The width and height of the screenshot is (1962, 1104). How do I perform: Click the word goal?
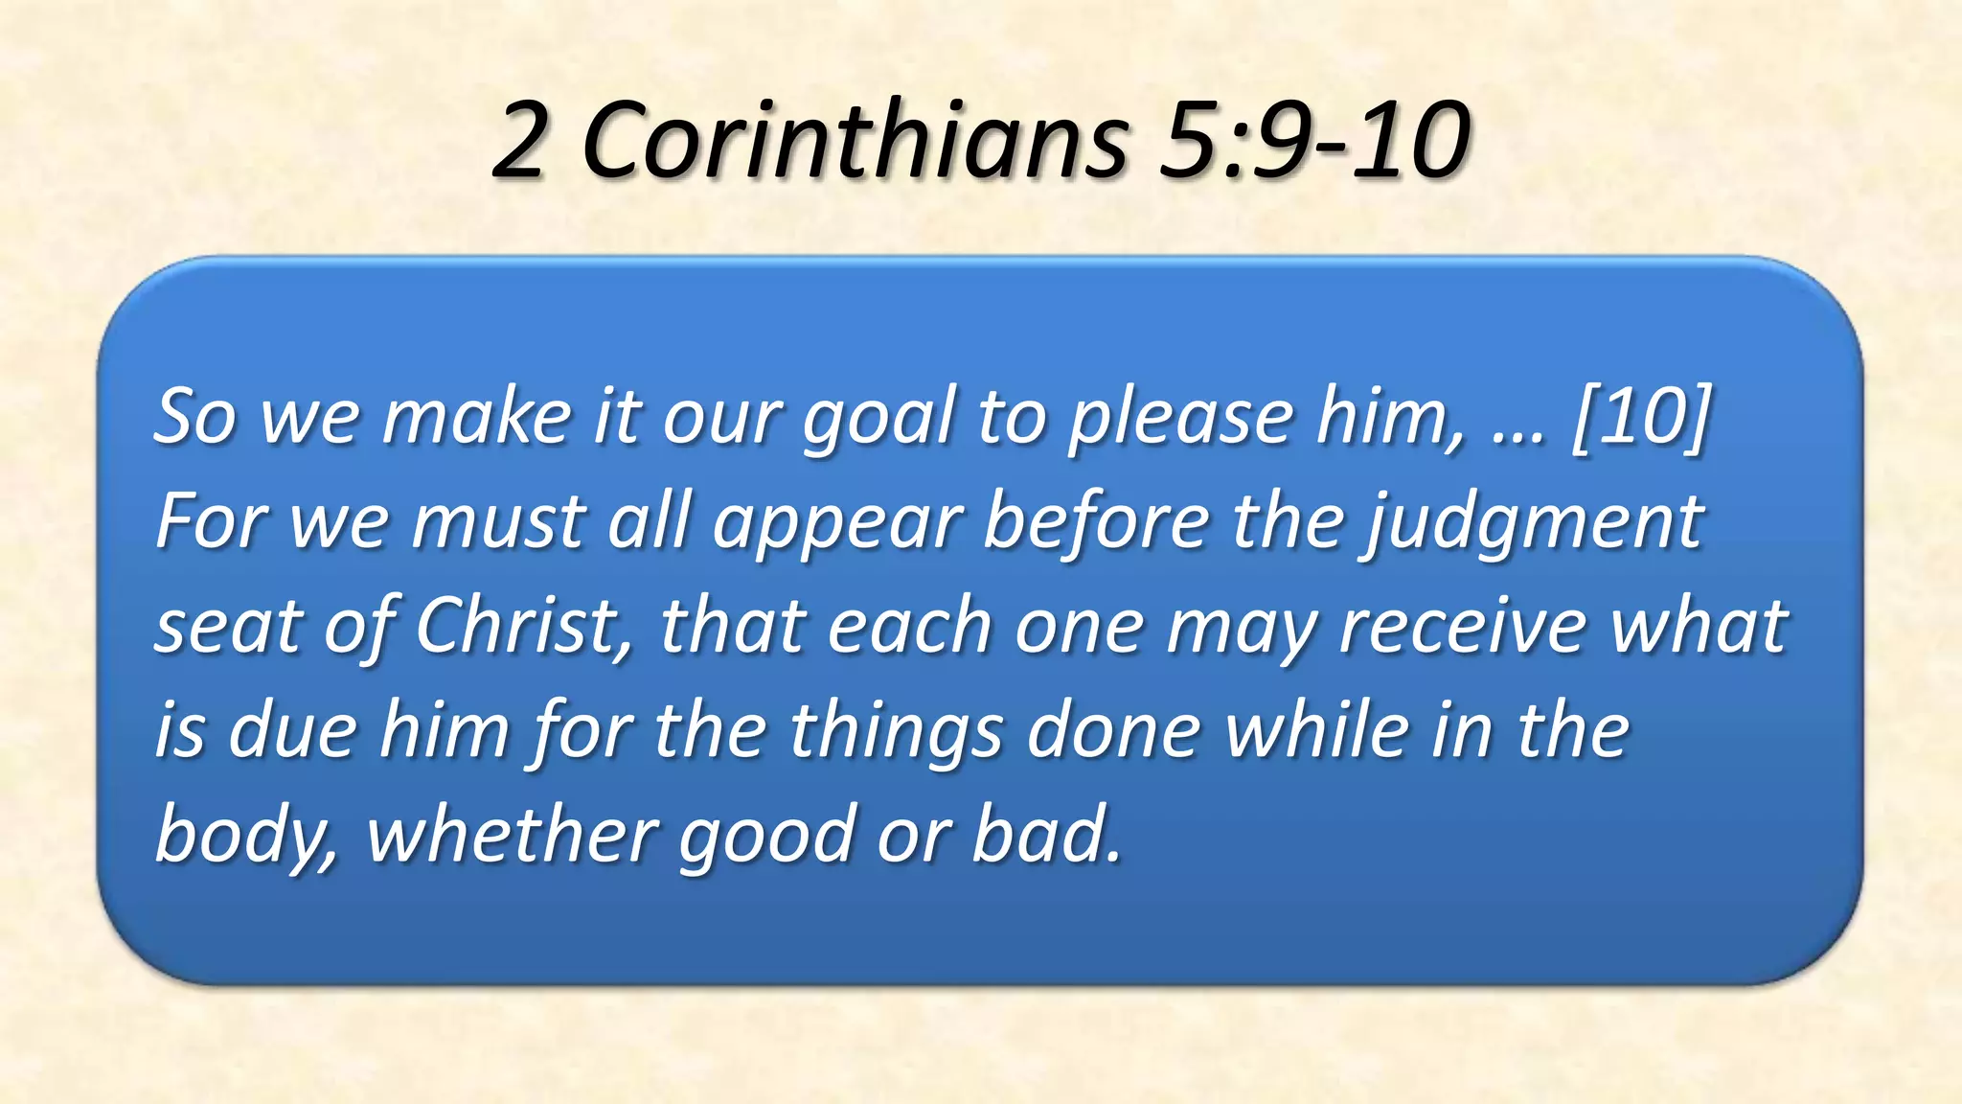[x=878, y=419]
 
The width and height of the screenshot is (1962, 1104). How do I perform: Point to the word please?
[x=1181, y=419]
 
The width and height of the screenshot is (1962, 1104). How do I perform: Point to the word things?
[x=895, y=731]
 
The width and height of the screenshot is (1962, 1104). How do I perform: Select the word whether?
[x=512, y=833]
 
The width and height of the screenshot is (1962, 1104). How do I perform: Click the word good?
[x=765, y=835]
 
